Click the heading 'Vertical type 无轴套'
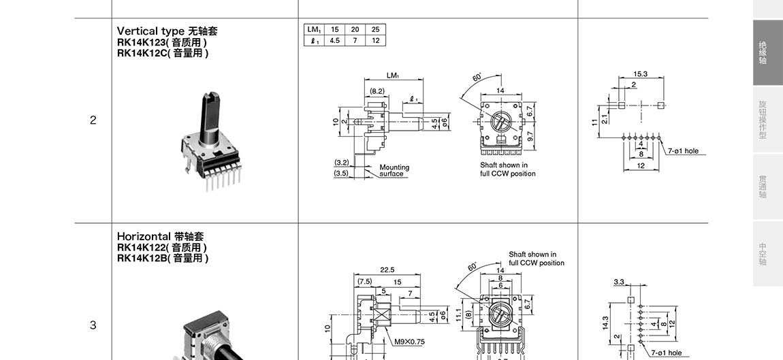(167, 31)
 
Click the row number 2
(93, 120)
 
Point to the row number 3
(93, 325)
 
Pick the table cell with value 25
(375, 29)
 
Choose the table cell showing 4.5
(335, 40)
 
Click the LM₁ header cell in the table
(314, 29)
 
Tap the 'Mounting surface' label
(394, 170)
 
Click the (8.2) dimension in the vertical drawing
(377, 91)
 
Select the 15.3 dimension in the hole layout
(640, 73)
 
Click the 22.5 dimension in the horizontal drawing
(387, 270)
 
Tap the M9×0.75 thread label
(410, 342)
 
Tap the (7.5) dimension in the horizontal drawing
(365, 281)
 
